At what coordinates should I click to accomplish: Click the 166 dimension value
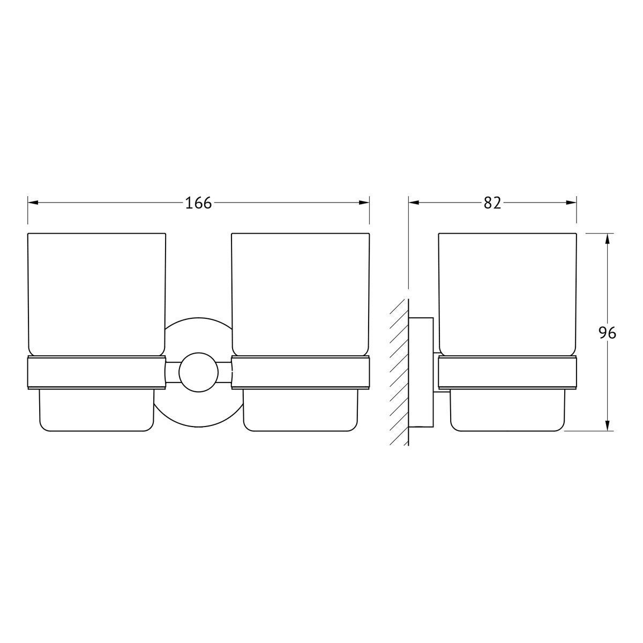coord(198,203)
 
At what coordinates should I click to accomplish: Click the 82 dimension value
coord(492,203)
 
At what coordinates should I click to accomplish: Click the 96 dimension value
coord(607,333)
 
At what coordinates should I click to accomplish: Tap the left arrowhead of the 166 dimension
coord(33,203)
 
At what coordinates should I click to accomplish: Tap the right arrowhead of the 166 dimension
coord(364,203)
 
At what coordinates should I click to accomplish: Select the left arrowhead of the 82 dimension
coord(414,203)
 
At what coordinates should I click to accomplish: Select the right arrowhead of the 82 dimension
coord(571,203)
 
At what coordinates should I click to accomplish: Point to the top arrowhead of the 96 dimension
coord(607,238)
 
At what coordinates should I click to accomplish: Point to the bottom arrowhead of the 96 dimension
coord(607,425)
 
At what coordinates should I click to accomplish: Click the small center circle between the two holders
coord(198,372)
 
